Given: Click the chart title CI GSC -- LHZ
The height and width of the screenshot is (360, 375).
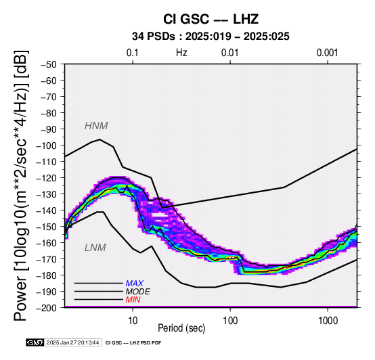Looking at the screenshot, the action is click(211, 19).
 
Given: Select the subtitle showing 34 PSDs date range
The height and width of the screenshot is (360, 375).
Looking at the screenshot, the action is click(211, 37).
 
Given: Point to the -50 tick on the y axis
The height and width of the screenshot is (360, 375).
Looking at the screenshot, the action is click(49, 64).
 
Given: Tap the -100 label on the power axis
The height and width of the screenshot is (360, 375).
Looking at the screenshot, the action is click(47, 145).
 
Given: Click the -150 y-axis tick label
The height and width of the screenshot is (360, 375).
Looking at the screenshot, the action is click(47, 227).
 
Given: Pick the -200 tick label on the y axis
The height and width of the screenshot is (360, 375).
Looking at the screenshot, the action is click(47, 308).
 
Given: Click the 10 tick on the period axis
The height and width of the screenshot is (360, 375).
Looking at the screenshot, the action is click(133, 321).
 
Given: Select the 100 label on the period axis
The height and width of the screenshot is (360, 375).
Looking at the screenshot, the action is click(230, 321).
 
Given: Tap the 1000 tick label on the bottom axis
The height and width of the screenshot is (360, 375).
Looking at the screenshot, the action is click(328, 321).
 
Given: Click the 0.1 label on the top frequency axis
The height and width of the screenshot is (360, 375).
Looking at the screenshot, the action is click(133, 53).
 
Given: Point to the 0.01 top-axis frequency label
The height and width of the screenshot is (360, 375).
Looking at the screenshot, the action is click(230, 53).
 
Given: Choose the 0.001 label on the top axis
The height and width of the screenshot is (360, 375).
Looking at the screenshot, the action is click(327, 53).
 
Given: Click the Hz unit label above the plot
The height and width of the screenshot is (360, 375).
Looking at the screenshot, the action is click(181, 53).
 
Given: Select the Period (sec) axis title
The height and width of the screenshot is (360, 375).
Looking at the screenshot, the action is click(181, 328).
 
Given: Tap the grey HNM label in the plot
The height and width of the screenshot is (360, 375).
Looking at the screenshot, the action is click(96, 126).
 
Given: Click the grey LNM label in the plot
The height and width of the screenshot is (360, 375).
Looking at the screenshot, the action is click(95, 248).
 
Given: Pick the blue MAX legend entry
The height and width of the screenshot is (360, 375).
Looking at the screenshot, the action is click(135, 284).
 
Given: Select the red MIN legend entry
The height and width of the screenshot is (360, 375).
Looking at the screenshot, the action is click(133, 300).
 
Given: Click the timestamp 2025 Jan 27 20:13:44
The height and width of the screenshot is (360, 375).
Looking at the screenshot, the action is click(72, 342).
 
